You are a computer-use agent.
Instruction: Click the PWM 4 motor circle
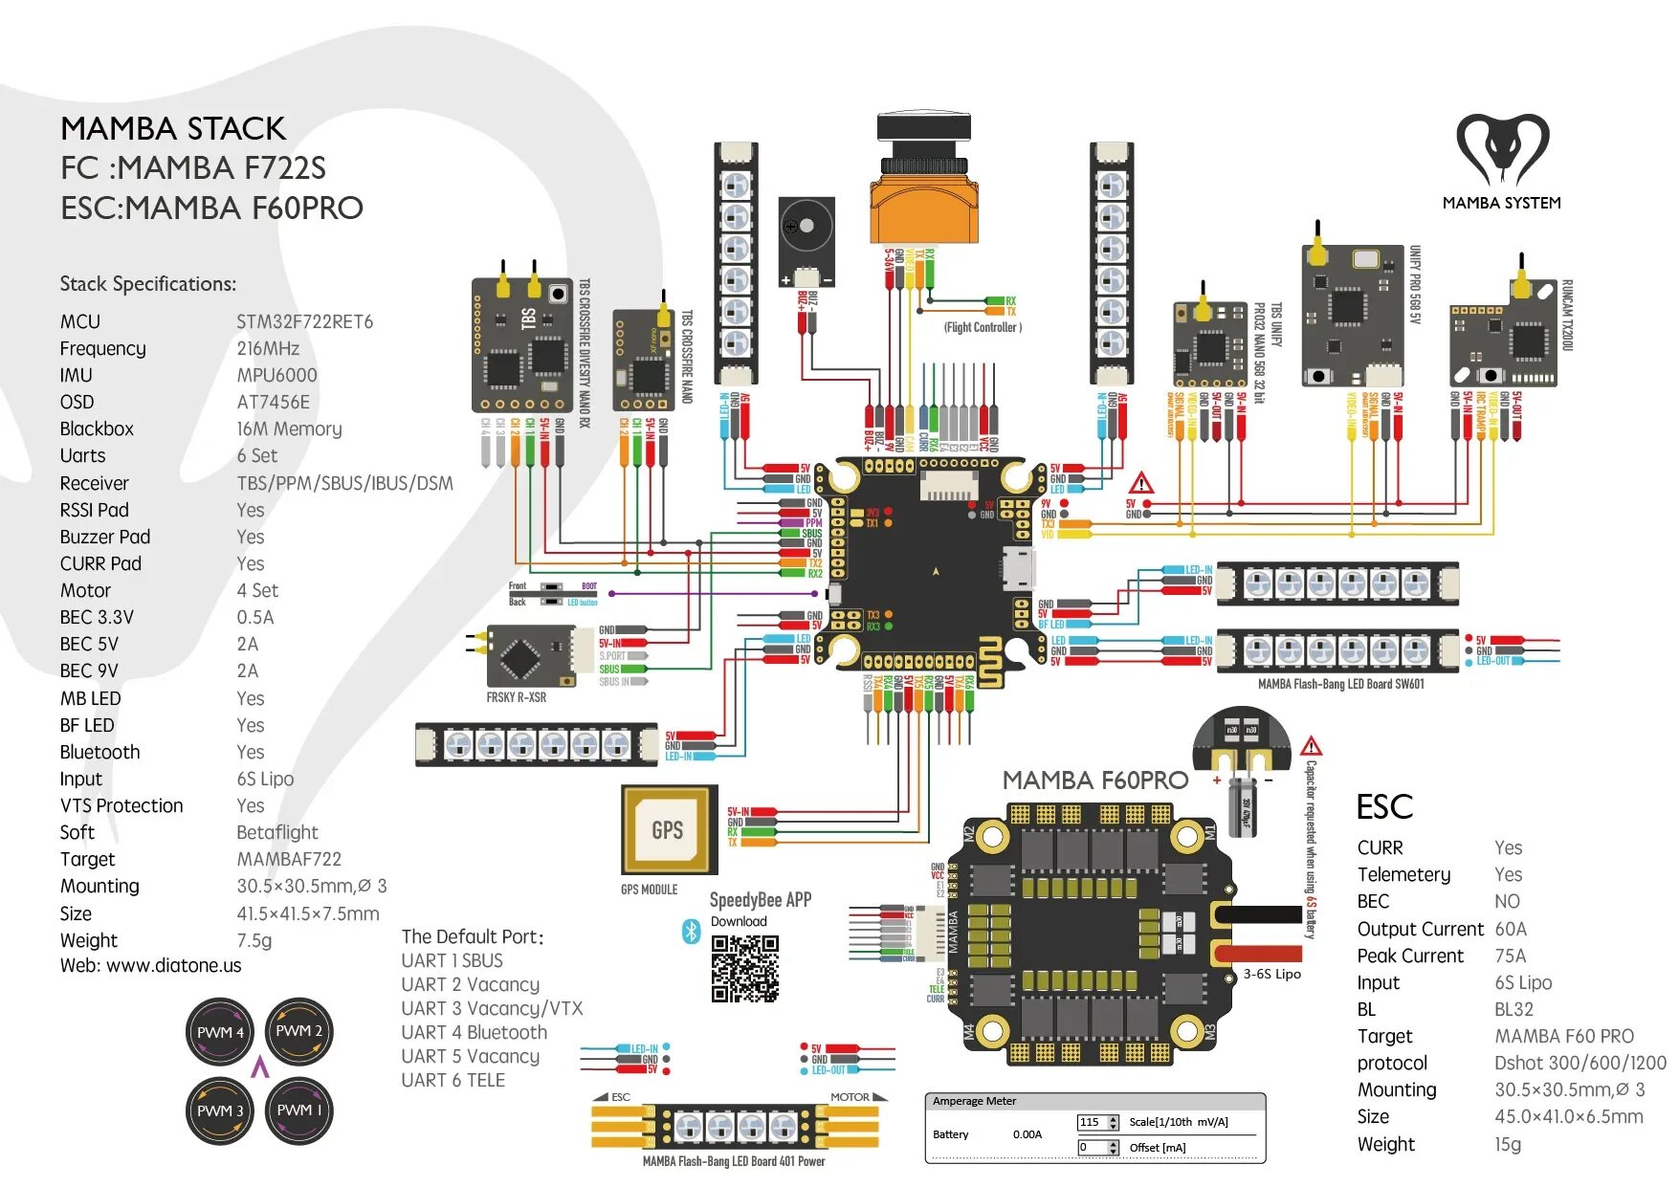point(220,1032)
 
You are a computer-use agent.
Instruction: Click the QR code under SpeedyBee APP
point(744,968)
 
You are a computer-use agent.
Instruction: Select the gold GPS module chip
point(667,829)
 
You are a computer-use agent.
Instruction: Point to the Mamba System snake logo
point(1501,149)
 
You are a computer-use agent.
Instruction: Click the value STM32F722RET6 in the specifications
point(304,322)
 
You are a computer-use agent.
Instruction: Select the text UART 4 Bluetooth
point(475,1033)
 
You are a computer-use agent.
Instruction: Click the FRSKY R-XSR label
point(516,698)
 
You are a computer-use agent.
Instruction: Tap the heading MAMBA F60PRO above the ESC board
point(1094,780)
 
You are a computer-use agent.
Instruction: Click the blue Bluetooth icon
point(691,930)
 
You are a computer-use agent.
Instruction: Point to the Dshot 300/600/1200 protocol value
point(1580,1064)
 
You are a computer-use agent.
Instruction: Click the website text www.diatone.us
point(173,966)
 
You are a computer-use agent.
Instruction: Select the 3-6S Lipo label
point(1272,974)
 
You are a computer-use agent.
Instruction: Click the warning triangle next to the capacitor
point(1311,746)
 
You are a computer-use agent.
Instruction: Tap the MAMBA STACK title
point(173,129)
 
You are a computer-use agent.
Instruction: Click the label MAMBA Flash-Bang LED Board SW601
point(1340,684)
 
